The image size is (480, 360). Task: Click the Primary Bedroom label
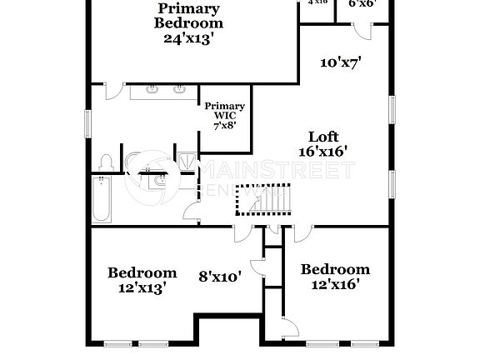tap(188, 16)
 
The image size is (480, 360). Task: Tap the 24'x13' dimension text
tap(189, 37)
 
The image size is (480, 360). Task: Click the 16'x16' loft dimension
tap(322, 151)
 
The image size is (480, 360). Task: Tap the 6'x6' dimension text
tap(362, 3)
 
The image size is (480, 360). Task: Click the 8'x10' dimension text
tap(220, 276)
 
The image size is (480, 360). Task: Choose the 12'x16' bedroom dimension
tap(335, 284)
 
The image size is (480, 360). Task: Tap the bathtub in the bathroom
tap(101, 200)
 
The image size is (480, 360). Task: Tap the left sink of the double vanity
tap(153, 89)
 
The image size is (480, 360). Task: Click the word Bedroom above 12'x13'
tap(142, 272)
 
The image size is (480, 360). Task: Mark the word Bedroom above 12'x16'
tap(335, 269)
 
